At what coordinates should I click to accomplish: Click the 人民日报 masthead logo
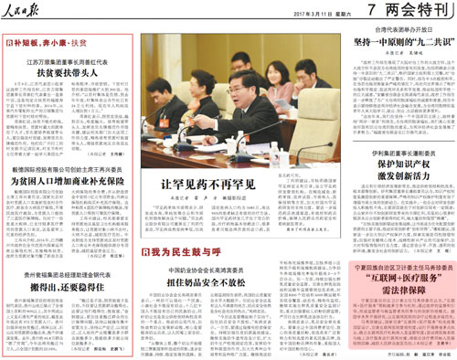[x=33, y=10]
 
